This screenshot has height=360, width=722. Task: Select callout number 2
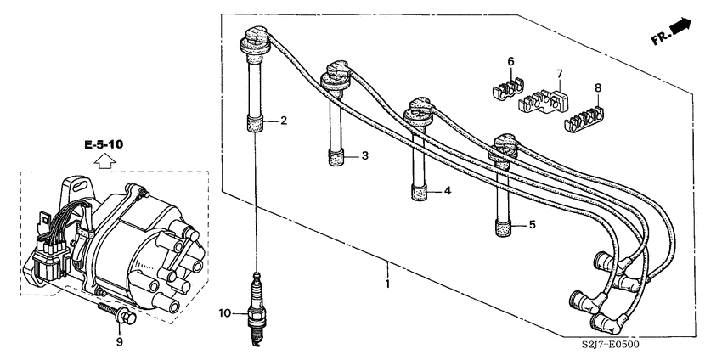[284, 121]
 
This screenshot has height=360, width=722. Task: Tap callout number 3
[364, 156]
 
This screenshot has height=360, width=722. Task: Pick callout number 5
[533, 226]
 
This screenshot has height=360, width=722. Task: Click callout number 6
[510, 61]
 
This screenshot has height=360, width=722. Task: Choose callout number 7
[560, 74]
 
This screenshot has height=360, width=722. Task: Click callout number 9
[120, 341]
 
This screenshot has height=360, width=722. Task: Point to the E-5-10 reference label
[104, 145]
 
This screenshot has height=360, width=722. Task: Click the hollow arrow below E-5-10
[104, 161]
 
